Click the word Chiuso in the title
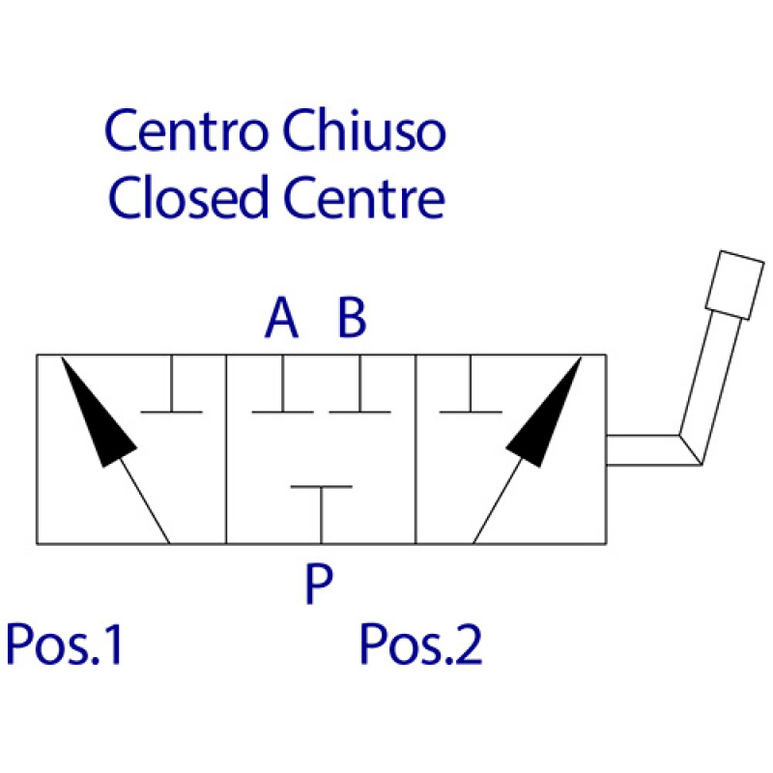[364, 131]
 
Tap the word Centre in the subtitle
[364, 198]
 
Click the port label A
[281, 319]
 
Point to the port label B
[352, 319]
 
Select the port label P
[318, 585]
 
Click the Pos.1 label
[66, 644]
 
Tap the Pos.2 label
[420, 644]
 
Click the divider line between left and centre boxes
[225, 449]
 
